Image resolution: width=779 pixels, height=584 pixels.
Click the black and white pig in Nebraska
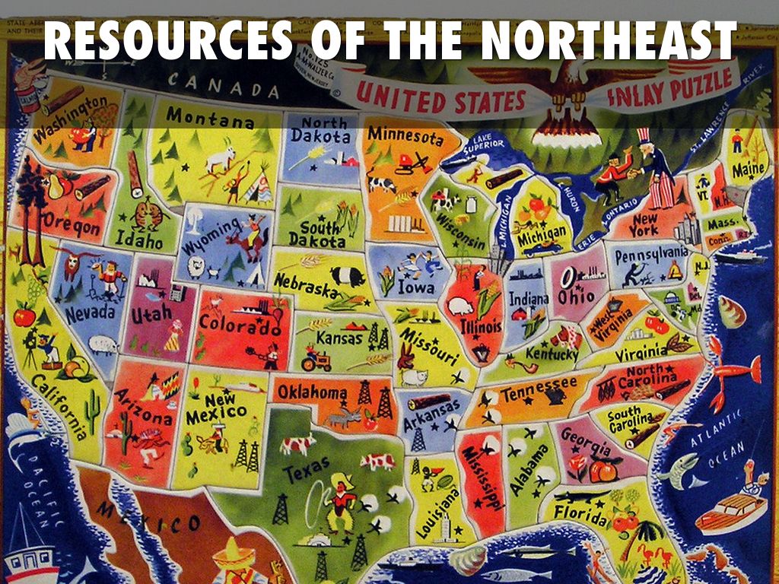coord(346,275)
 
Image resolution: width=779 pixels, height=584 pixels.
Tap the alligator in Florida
coord(581,496)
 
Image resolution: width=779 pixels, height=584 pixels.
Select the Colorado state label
coord(239,323)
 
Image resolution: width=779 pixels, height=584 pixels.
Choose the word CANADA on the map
coord(224,84)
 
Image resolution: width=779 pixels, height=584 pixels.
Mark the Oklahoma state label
coord(312,392)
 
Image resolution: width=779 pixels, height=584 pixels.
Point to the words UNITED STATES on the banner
coord(441,100)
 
